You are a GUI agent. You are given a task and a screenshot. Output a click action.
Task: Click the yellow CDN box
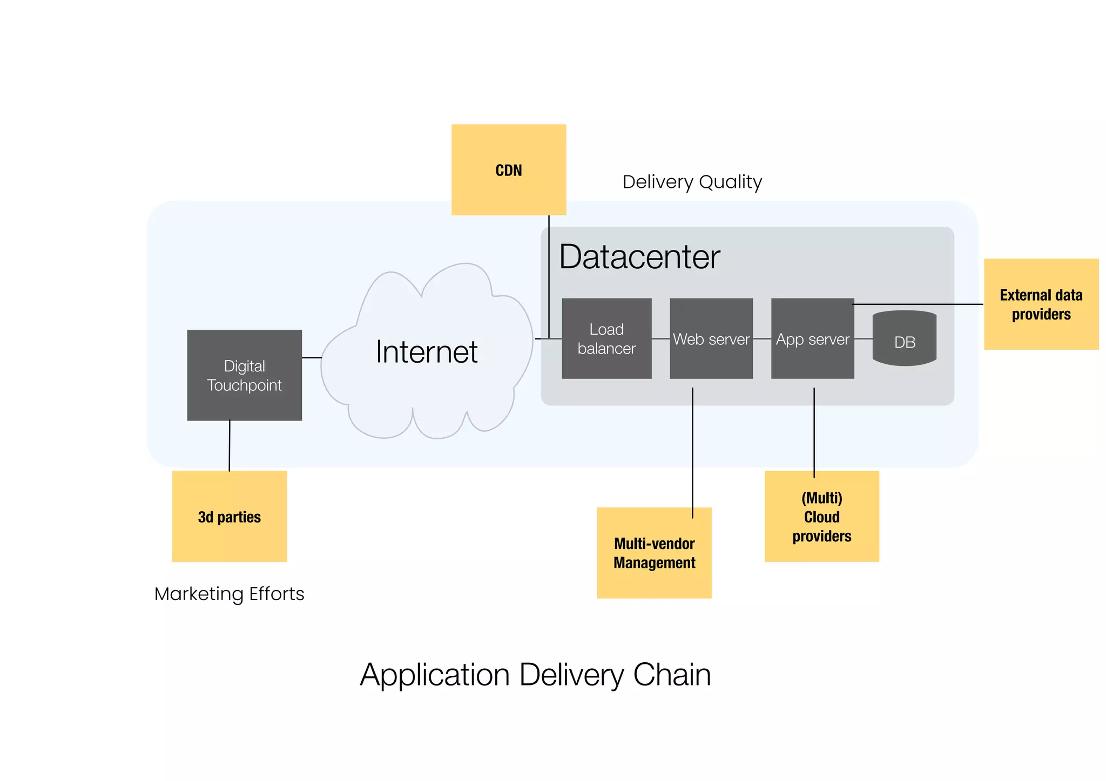(508, 169)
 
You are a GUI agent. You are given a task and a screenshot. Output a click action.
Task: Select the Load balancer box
(606, 338)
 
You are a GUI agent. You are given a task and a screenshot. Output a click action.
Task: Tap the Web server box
(711, 338)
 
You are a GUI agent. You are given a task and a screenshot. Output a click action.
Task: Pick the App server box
(812, 338)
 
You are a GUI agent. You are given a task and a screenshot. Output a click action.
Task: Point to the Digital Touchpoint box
(244, 375)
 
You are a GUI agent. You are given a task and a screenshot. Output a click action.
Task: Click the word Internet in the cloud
(427, 352)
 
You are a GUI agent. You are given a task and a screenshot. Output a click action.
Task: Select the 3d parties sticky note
(229, 517)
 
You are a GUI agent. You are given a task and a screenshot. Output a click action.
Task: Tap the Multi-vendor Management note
(654, 553)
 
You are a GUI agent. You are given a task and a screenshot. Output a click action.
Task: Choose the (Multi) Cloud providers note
(821, 517)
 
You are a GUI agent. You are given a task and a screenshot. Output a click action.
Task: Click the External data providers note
(1041, 304)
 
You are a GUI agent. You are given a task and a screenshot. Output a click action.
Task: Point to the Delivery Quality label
(692, 182)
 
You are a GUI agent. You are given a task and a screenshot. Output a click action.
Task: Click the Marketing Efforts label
(229, 594)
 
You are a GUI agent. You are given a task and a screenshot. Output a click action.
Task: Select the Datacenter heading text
(639, 257)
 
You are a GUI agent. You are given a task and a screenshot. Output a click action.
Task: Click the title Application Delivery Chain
(535, 675)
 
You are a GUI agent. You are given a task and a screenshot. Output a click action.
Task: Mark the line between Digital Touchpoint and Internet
(312, 357)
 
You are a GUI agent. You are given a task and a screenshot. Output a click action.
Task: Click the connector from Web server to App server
(761, 339)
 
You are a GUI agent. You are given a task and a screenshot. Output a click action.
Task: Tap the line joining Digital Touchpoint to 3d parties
(230, 446)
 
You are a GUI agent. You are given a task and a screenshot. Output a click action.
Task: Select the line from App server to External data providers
(918, 304)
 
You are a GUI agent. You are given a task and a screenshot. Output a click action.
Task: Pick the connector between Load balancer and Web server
(660, 339)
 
